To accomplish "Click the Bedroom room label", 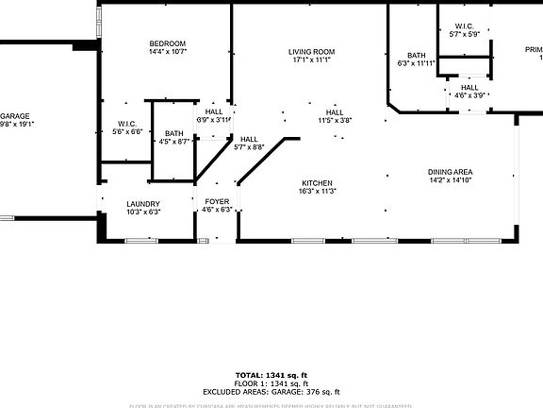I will [x=167, y=43].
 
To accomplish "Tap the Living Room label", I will [x=312, y=51].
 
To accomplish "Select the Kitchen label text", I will [x=317, y=182].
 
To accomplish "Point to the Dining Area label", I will [x=450, y=172].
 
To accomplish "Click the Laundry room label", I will [x=143, y=203].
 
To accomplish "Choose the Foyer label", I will [x=218, y=201].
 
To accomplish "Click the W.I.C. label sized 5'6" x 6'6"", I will [x=127, y=124].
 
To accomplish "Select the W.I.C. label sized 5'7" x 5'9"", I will [x=465, y=25].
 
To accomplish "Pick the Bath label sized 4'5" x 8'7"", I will [x=173, y=133].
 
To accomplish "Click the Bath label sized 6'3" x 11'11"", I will [x=417, y=55].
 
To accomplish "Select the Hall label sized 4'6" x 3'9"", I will [x=469, y=87].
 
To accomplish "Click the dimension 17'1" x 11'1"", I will [x=312, y=59].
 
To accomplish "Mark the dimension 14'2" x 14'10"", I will [x=450, y=180].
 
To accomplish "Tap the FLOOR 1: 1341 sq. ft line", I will [x=271, y=383].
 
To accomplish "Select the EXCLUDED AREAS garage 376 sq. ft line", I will [x=271, y=391].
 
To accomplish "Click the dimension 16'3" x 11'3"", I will [x=318, y=191].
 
